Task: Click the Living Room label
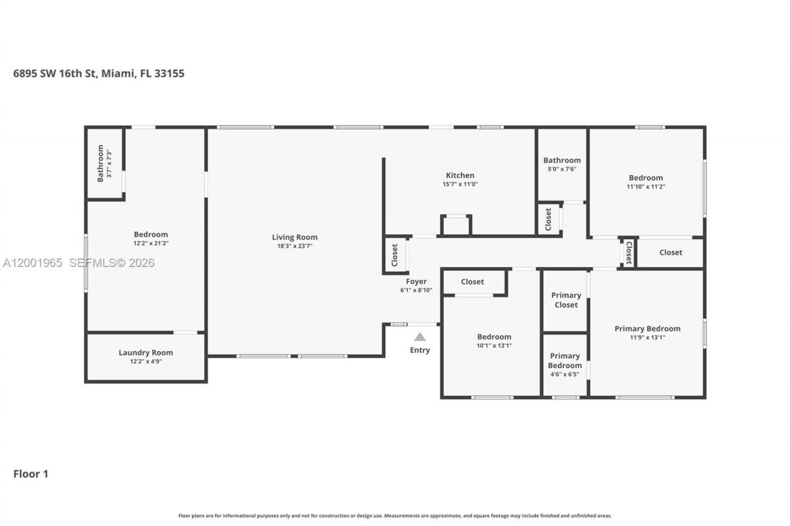[x=294, y=237]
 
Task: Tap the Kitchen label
[x=460, y=176]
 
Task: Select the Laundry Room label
[x=146, y=353]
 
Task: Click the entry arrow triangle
[x=420, y=337]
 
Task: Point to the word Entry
[x=420, y=350]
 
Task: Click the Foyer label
[x=416, y=282]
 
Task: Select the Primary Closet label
[x=565, y=300]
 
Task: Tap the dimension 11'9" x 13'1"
[x=647, y=337]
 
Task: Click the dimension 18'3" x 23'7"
[x=294, y=246]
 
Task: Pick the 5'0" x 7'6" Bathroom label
[x=562, y=160]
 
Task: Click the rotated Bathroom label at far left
[x=100, y=163]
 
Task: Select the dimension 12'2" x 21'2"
[x=151, y=243]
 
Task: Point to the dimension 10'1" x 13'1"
[x=494, y=345]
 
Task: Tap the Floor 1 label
[x=31, y=474]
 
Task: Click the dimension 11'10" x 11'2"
[x=646, y=186]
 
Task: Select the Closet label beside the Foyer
[x=395, y=255]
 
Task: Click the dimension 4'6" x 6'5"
[x=565, y=374]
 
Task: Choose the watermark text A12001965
[x=33, y=263]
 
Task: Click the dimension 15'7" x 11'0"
[x=460, y=184]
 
